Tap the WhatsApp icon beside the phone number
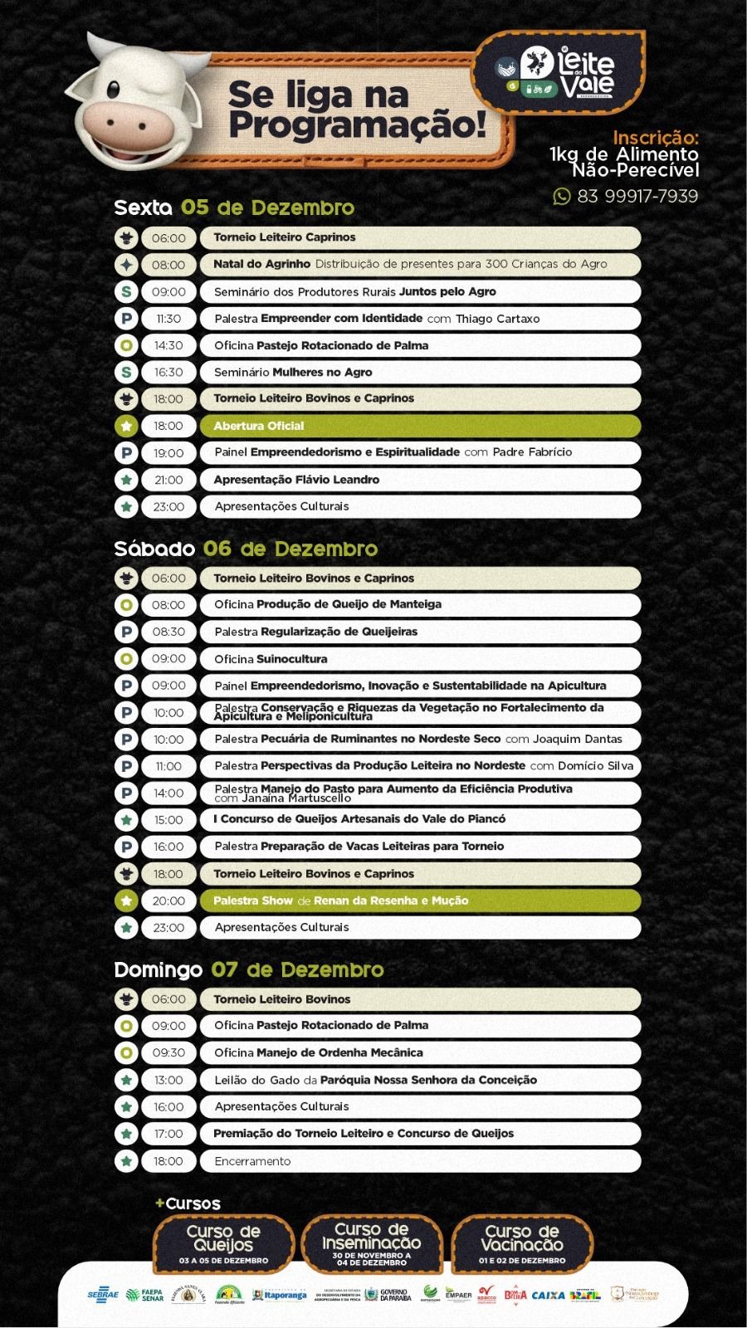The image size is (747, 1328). click(562, 197)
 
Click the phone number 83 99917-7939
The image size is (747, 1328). click(637, 197)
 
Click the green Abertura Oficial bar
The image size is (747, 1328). click(420, 426)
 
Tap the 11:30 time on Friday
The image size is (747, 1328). click(168, 319)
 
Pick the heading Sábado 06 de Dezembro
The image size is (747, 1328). click(246, 549)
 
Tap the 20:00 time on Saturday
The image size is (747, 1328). click(168, 901)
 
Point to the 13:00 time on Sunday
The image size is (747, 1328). click(168, 1080)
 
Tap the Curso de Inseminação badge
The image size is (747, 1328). click(372, 1243)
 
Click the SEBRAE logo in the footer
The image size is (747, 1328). click(103, 1295)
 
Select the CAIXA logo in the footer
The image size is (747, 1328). click(548, 1295)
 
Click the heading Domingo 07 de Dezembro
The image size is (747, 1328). click(249, 969)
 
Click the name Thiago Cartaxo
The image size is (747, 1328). click(497, 319)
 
